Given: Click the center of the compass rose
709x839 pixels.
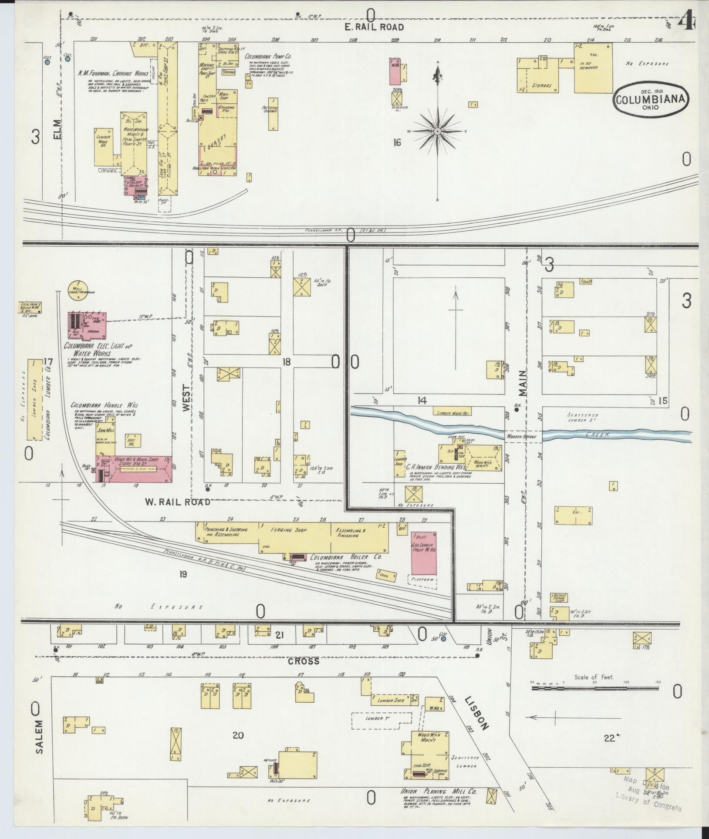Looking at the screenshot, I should (437, 131).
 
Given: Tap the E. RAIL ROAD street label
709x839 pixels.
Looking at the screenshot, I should (374, 27).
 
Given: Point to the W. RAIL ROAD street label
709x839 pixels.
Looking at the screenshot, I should (177, 502).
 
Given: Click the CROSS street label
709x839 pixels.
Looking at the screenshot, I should (304, 661).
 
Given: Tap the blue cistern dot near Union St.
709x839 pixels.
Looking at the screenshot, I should (443, 639).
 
